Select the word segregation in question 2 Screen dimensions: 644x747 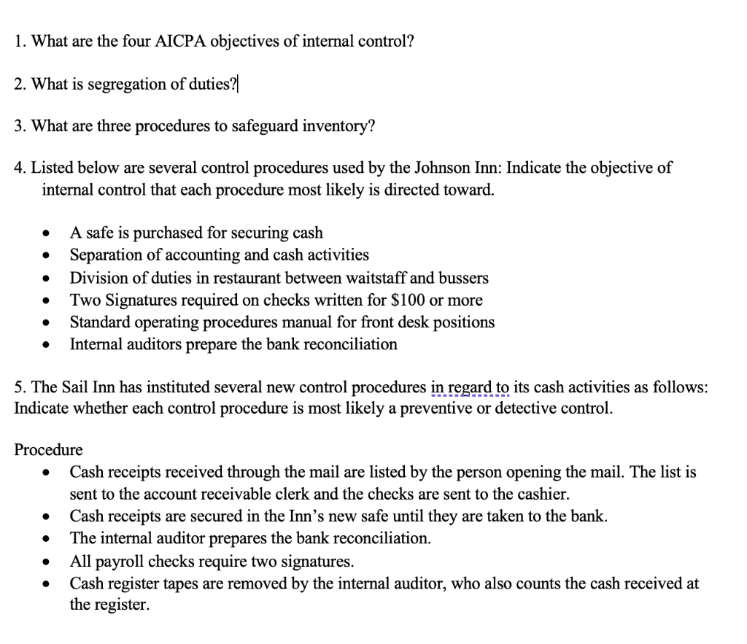(x=125, y=84)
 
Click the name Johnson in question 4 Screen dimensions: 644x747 (x=440, y=168)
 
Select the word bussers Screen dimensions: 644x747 (x=460, y=278)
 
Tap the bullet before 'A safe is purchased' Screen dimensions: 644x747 (x=46, y=234)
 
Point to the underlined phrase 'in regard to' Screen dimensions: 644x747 (x=471, y=387)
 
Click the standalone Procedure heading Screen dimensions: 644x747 (x=49, y=449)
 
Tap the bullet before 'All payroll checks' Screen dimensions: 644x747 (x=46, y=562)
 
